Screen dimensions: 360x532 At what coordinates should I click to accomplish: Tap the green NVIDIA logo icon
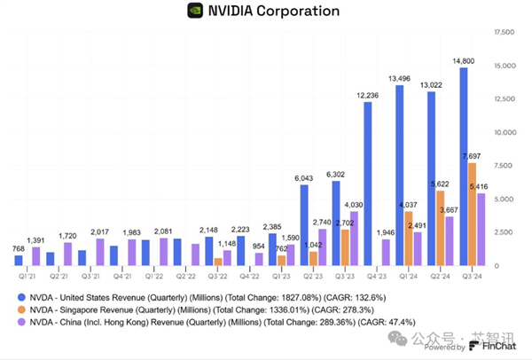tap(195, 12)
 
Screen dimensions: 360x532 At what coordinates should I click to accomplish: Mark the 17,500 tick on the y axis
tap(504, 32)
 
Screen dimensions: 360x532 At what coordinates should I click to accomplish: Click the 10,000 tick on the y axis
tap(504, 133)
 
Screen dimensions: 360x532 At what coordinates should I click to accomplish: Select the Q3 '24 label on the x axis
tap(473, 275)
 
